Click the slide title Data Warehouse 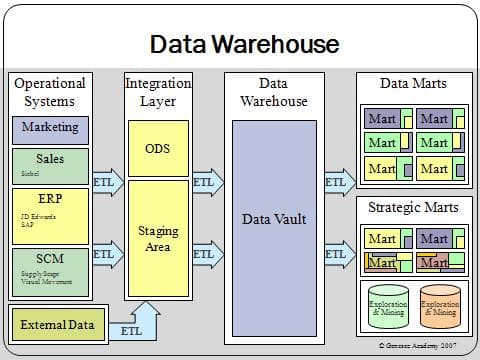click(x=244, y=44)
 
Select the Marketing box click(x=50, y=129)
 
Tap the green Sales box click(x=50, y=165)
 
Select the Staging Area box click(x=158, y=238)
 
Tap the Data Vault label click(x=273, y=219)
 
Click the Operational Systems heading click(x=50, y=92)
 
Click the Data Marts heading click(x=414, y=84)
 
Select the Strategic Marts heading click(x=414, y=207)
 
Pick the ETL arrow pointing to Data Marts click(x=336, y=184)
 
